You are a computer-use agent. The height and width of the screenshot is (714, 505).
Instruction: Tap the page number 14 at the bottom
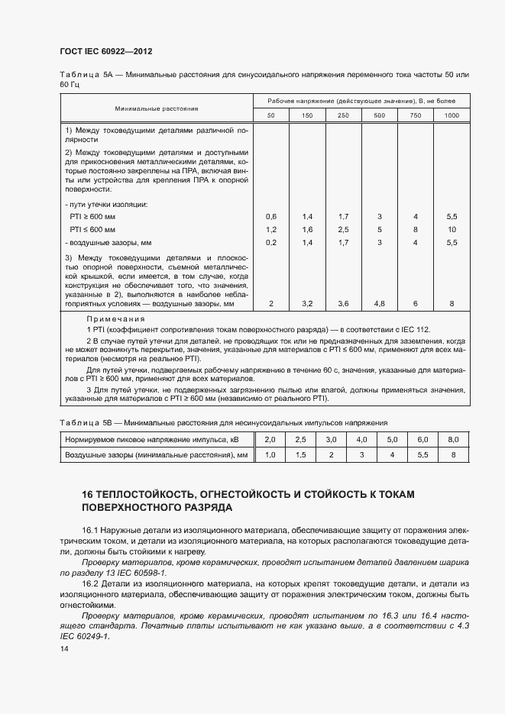[63, 649]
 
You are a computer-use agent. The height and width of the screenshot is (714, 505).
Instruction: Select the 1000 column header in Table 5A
[452, 115]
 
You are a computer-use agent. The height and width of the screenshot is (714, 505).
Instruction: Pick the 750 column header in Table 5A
[415, 115]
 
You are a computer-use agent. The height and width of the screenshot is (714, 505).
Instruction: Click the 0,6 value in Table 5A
[271, 217]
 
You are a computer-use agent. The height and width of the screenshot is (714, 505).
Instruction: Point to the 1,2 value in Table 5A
[271, 229]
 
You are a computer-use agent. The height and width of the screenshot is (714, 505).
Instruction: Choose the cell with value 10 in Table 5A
[452, 229]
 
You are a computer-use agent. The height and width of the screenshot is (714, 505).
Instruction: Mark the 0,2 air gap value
[271, 242]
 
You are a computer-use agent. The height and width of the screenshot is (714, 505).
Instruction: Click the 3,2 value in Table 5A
[307, 304]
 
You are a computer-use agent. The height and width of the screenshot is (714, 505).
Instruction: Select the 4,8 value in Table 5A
[379, 304]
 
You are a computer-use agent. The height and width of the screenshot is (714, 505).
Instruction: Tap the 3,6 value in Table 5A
[343, 304]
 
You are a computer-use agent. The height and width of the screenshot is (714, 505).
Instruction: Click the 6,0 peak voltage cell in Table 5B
[422, 440]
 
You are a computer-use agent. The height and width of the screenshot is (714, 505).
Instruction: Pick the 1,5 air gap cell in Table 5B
[300, 455]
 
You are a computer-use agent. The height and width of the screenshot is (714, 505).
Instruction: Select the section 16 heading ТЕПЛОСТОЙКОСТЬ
[248, 494]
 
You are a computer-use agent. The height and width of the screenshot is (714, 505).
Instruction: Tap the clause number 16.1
[92, 528]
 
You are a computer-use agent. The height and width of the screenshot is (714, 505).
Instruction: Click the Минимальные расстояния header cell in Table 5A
[157, 109]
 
